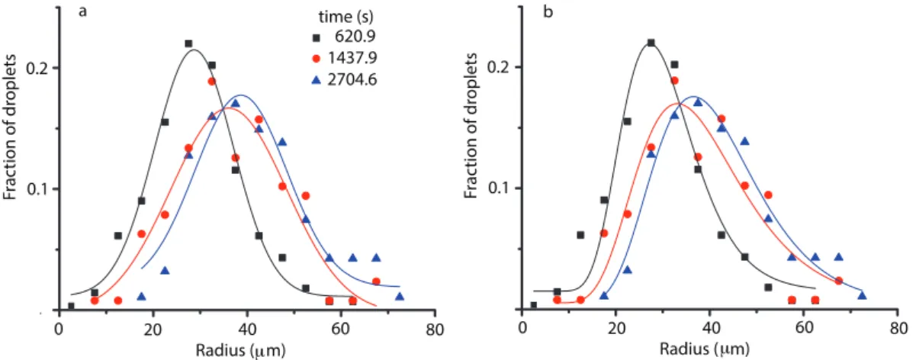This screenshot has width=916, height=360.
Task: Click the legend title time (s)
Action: [x=346, y=17]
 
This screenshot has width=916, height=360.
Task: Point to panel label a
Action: [x=82, y=12]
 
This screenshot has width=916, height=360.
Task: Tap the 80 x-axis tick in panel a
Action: [x=435, y=329]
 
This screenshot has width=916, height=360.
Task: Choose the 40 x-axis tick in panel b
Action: [x=710, y=329]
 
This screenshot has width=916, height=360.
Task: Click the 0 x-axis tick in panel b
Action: [x=522, y=329]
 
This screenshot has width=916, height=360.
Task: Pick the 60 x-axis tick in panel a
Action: [x=341, y=329]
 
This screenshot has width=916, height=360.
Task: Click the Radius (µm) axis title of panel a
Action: [x=240, y=351]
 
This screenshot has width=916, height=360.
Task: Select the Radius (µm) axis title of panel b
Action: [x=705, y=349]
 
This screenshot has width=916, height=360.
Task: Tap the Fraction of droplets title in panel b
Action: [x=471, y=126]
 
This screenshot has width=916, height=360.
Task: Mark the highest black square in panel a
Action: [x=188, y=43]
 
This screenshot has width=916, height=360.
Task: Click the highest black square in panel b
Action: [x=651, y=43]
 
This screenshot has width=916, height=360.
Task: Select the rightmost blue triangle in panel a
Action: [x=400, y=296]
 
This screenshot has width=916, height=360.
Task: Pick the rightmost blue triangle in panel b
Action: [x=862, y=295]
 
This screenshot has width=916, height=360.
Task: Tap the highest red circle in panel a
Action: [x=212, y=81]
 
